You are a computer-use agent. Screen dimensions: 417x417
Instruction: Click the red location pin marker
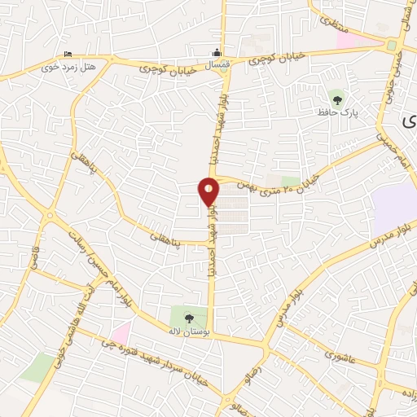tap(209, 191)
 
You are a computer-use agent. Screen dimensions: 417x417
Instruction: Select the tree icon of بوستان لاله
tap(189, 316)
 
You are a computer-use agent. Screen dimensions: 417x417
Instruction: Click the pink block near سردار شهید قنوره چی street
tap(121, 332)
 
